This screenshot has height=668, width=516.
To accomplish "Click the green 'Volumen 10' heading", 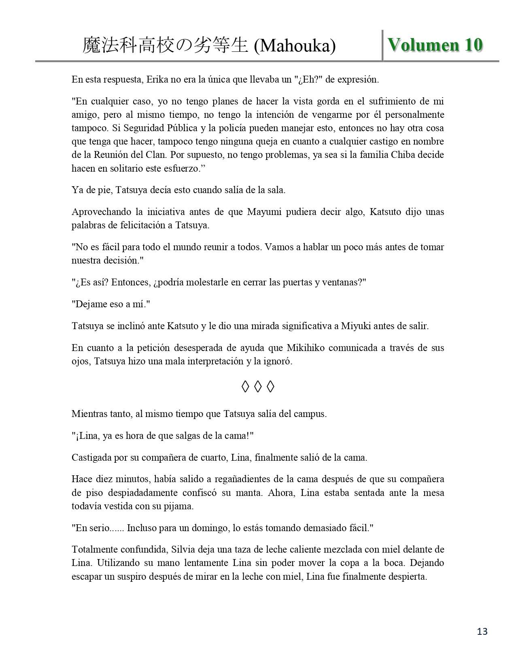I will coord(435,45).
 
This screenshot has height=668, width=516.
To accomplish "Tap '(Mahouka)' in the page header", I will coord(295,46).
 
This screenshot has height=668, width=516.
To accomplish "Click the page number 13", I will coord(482,631).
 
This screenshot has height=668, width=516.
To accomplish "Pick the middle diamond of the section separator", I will coord(258,387).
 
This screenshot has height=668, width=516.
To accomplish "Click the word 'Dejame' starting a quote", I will coord(90,304).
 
